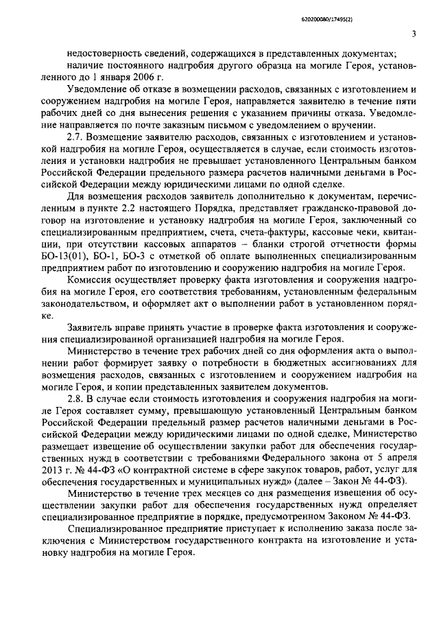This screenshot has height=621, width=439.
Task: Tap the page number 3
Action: (414, 35)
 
